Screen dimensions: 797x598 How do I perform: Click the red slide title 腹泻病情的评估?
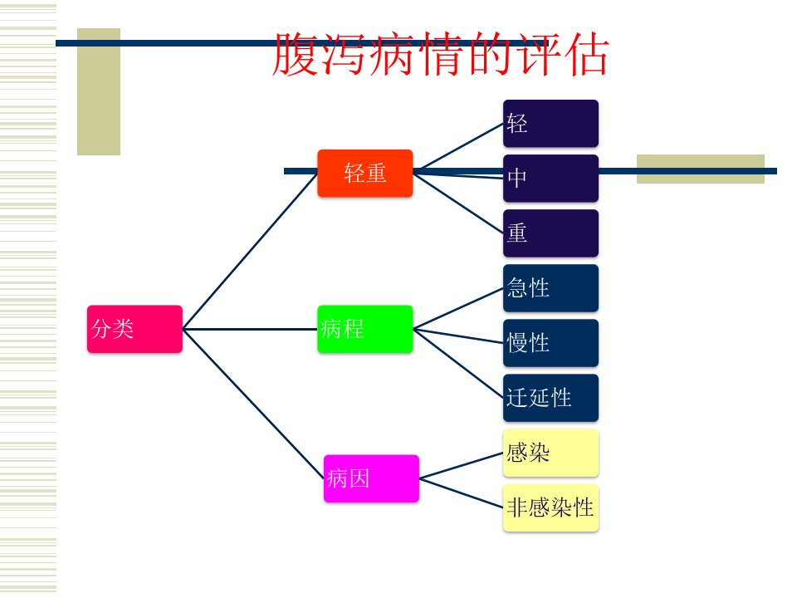[x=440, y=55]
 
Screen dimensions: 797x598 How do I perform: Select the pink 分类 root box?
[x=134, y=329]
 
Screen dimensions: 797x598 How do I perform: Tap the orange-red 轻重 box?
[x=365, y=173]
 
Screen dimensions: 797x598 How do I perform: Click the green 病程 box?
[x=365, y=329]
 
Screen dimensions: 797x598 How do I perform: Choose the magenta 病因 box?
[x=372, y=478]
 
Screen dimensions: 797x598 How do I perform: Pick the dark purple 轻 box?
[x=551, y=124]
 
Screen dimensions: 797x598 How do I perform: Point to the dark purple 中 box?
[x=551, y=179]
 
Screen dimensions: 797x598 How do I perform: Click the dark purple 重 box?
[x=551, y=233]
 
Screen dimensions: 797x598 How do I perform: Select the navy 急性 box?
[x=551, y=288]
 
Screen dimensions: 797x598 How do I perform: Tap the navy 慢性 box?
[x=551, y=343]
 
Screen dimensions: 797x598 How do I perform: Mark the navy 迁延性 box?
[x=551, y=398]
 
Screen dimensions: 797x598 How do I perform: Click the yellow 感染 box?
[x=551, y=453]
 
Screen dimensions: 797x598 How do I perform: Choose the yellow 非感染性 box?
[x=551, y=508]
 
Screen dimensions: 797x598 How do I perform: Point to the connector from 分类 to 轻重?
[x=250, y=251]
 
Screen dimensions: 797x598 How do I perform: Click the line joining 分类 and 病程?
[x=250, y=329]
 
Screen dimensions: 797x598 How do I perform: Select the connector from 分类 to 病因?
[x=253, y=404]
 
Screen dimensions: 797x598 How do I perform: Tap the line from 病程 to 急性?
[x=458, y=309]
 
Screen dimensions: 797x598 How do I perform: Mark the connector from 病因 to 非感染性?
[x=461, y=493]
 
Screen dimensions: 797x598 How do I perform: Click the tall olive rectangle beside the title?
[x=99, y=91]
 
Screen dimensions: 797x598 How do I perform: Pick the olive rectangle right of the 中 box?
[x=701, y=169]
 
